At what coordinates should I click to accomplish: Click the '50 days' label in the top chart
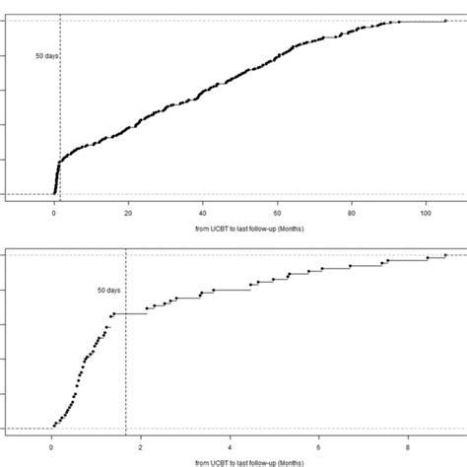point(45,56)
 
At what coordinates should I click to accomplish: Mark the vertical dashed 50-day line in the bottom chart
point(126,374)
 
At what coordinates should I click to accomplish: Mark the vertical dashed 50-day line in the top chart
point(60,118)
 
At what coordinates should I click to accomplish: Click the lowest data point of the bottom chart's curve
point(54,427)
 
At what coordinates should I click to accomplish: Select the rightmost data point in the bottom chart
point(445,254)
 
